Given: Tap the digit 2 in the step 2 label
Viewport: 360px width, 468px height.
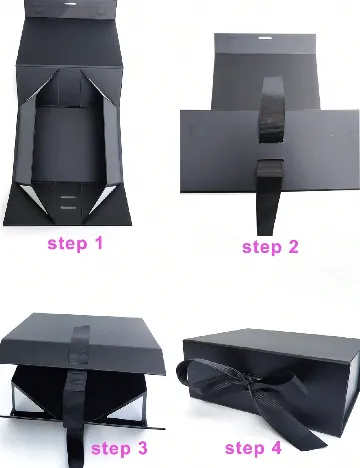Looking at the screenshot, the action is click(292, 247).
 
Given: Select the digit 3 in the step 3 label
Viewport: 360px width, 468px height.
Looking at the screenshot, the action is click(141, 448).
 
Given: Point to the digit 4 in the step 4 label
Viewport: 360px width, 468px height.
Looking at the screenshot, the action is click(275, 448).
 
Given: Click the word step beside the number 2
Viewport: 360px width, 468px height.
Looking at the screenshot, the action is click(262, 248).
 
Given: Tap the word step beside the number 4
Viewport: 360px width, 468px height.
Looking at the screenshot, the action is click(244, 449).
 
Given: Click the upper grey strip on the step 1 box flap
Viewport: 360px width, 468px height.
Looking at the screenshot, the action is click(68, 197).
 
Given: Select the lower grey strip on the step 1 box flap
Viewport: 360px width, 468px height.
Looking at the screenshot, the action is click(68, 208).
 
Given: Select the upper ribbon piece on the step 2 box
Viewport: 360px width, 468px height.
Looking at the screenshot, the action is click(271, 110).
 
